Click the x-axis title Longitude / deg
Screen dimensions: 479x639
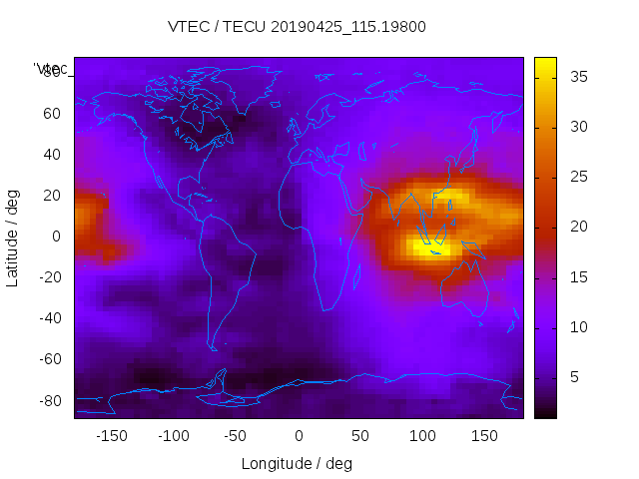click(x=297, y=463)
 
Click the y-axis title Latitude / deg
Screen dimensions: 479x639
click(x=13, y=237)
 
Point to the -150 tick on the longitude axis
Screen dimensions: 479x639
click(x=112, y=436)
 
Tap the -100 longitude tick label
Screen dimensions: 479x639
click(x=174, y=436)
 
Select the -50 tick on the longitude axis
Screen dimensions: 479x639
click(x=237, y=436)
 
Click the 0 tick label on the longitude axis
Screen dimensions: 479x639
click(x=299, y=436)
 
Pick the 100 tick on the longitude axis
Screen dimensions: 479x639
click(x=423, y=436)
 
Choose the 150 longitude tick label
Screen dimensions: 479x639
click(x=485, y=436)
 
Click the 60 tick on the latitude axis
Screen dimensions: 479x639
click(x=52, y=113)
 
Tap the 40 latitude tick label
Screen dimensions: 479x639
click(x=52, y=155)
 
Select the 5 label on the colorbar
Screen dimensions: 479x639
click(x=573, y=377)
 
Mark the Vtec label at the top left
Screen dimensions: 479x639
click(x=52, y=69)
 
